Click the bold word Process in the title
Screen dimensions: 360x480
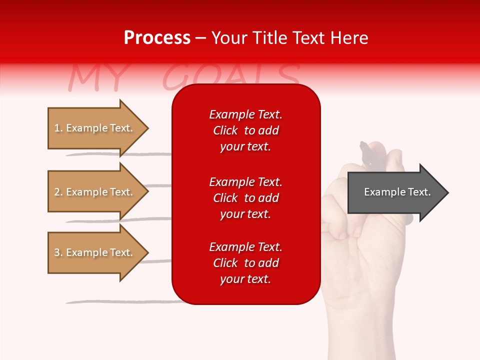(x=157, y=38)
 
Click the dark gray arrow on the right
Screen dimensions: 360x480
(x=395, y=192)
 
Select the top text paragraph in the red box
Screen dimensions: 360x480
(x=245, y=130)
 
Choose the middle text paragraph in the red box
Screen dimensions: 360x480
(x=245, y=198)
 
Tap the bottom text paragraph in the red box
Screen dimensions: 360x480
(x=245, y=263)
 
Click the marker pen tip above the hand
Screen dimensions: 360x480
(x=364, y=146)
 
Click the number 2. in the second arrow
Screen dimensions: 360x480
(x=58, y=192)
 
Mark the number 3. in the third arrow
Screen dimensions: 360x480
(x=58, y=252)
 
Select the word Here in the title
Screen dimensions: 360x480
(x=350, y=38)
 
